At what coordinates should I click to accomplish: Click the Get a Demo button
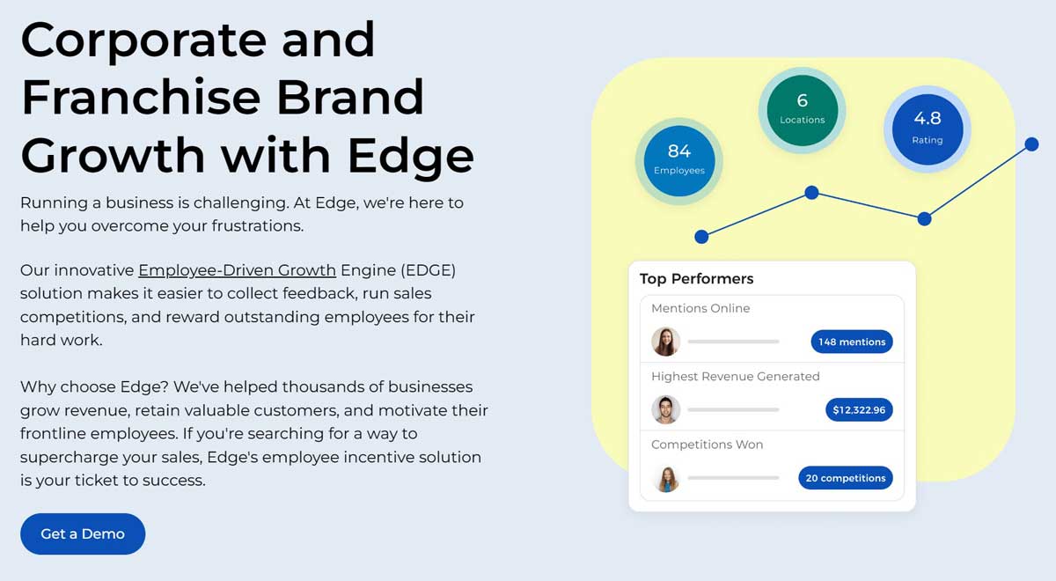pyautogui.click(x=83, y=533)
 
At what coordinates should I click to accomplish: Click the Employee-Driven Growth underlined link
pyautogui.click(x=237, y=270)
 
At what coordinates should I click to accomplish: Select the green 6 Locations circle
pyautogui.click(x=802, y=109)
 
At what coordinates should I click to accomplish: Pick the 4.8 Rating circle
pyautogui.click(x=927, y=128)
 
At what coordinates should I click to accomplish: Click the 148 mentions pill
pyautogui.click(x=851, y=342)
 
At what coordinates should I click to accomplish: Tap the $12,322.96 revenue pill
pyautogui.click(x=858, y=410)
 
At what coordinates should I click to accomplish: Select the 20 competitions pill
pyautogui.click(x=845, y=478)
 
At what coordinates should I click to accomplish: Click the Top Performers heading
pyautogui.click(x=696, y=279)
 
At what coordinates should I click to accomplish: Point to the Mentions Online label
pyautogui.click(x=700, y=308)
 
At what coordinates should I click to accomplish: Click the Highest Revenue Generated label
pyautogui.click(x=735, y=376)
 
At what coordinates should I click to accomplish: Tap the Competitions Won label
pyautogui.click(x=707, y=445)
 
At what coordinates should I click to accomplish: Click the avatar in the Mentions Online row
pyautogui.click(x=665, y=342)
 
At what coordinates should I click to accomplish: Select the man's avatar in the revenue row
pyautogui.click(x=665, y=410)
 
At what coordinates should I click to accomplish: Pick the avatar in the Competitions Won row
pyautogui.click(x=665, y=478)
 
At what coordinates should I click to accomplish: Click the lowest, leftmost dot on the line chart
pyautogui.click(x=701, y=236)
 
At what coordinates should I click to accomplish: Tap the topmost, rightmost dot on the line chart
pyautogui.click(x=1032, y=143)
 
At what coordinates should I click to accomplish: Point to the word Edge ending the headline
pyautogui.click(x=410, y=154)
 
